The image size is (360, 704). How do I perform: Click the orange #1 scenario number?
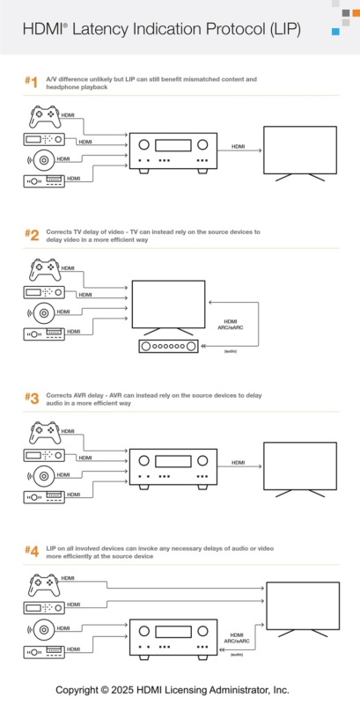pyautogui.click(x=31, y=83)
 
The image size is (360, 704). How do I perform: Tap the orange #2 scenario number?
pyautogui.click(x=31, y=235)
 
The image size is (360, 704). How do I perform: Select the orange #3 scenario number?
pyautogui.click(x=31, y=399)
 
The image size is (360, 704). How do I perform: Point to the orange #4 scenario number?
pyautogui.click(x=31, y=552)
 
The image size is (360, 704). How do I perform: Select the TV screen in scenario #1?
pyautogui.click(x=300, y=150)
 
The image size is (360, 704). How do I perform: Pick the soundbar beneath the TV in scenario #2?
pyautogui.click(x=168, y=347)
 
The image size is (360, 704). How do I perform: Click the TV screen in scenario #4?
pyautogui.click(x=304, y=605)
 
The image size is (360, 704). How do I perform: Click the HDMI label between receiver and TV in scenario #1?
pyautogui.click(x=239, y=146)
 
